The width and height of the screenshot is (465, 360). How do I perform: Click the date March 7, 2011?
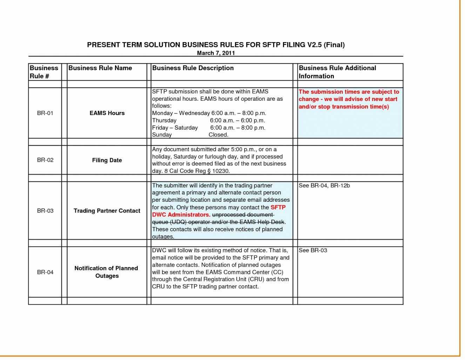click(x=216, y=53)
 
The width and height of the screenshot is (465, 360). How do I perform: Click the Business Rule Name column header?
click(x=100, y=68)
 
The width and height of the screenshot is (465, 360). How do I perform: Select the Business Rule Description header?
click(x=193, y=68)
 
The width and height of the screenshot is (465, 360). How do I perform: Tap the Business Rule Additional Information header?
click(x=337, y=72)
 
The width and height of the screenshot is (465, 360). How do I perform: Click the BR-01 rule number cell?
click(x=45, y=113)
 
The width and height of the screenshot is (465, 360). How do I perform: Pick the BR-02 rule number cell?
click(x=45, y=160)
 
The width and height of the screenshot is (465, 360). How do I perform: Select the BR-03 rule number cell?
click(x=45, y=211)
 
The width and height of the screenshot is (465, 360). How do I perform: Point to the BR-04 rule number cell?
click(x=45, y=272)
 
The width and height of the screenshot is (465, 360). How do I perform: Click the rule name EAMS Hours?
click(x=107, y=113)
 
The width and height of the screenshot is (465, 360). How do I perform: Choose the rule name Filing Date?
click(x=107, y=160)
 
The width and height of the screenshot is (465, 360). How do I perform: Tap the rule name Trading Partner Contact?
click(x=107, y=211)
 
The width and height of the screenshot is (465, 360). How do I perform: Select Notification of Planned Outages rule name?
click(x=107, y=272)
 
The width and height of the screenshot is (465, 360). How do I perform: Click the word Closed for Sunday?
click(x=218, y=135)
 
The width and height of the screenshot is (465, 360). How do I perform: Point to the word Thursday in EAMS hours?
click(x=164, y=120)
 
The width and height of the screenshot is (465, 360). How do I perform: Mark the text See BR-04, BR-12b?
click(x=324, y=186)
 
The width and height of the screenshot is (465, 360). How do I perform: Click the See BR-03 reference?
click(x=313, y=251)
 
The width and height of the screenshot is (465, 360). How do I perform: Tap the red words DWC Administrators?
click(x=181, y=215)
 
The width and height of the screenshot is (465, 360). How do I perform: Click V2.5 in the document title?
click(x=315, y=45)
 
